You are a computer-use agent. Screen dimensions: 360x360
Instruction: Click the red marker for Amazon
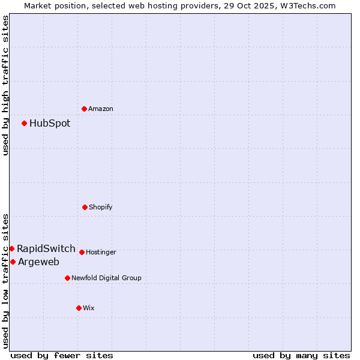pyautogui.click(x=85, y=109)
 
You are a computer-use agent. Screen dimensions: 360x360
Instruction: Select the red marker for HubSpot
pyautogui.click(x=25, y=124)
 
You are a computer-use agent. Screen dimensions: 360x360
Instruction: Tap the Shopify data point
pyautogui.click(x=85, y=207)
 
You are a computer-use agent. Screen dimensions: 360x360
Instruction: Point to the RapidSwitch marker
pyautogui.click(x=12, y=248)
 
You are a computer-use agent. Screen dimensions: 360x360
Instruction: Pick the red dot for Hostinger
pyautogui.click(x=82, y=252)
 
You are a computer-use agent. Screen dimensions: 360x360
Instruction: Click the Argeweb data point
pyautogui.click(x=13, y=262)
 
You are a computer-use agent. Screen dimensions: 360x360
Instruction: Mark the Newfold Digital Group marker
pyautogui.click(x=68, y=278)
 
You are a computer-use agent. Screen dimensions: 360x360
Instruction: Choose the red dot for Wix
pyautogui.click(x=79, y=308)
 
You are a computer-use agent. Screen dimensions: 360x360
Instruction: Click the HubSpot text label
pyautogui.click(x=50, y=124)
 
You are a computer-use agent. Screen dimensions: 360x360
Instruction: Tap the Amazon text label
pyautogui.click(x=101, y=109)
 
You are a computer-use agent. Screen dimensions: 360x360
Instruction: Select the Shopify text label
pyautogui.click(x=101, y=207)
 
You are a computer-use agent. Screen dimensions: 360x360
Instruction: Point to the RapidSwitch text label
pyautogui.click(x=46, y=248)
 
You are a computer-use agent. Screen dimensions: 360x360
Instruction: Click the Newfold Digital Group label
pyautogui.click(x=106, y=278)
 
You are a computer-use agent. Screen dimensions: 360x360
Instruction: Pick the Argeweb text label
pyautogui.click(x=38, y=262)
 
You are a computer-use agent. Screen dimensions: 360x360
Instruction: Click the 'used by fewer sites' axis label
pyautogui.click(x=62, y=355)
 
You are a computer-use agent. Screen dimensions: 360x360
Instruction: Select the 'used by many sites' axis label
pyautogui.click(x=301, y=355)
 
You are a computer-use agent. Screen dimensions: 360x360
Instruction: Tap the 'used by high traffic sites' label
pyautogui.click(x=5, y=85)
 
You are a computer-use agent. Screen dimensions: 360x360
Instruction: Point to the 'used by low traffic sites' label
pyautogui.click(x=5, y=280)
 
